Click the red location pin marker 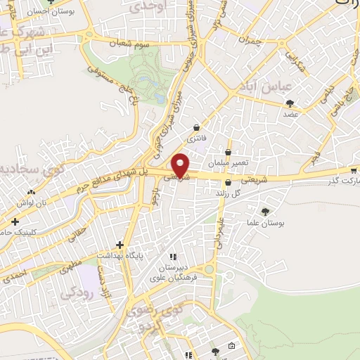click(181, 165)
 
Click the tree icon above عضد click(290, 103)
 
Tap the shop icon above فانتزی click(196, 127)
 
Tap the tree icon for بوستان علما click(265, 212)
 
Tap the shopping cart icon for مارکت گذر click(353, 169)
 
